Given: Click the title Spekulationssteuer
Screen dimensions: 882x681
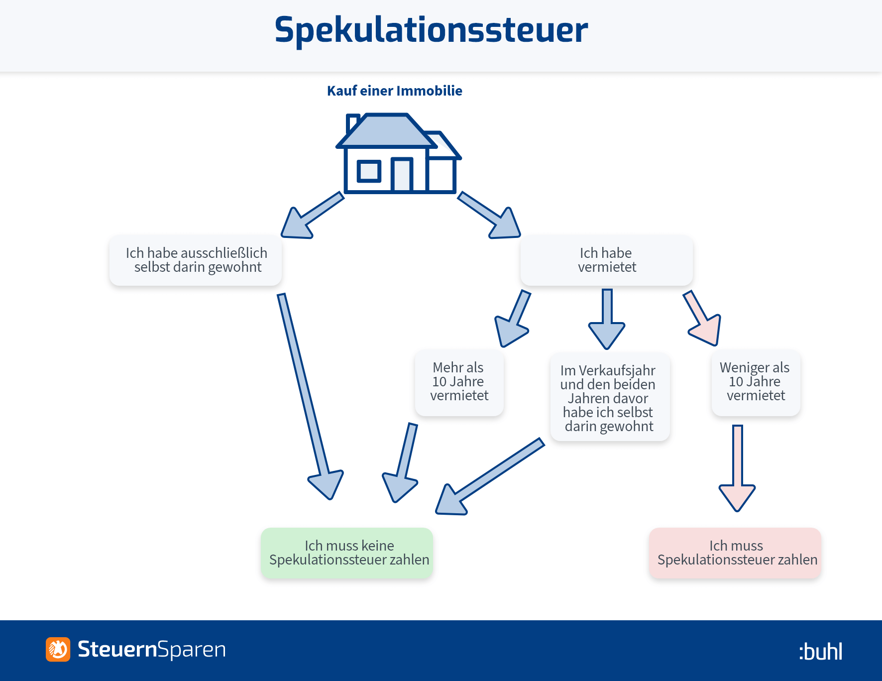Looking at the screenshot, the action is click(431, 30).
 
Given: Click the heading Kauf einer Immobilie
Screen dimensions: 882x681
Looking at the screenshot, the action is click(395, 91).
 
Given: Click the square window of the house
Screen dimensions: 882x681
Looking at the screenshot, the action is click(369, 172).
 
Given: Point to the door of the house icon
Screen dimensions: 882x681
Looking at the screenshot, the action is click(402, 175).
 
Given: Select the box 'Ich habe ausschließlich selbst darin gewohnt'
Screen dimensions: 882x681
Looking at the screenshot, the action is click(196, 260).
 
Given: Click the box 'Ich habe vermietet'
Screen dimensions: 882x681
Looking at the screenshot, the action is click(607, 260).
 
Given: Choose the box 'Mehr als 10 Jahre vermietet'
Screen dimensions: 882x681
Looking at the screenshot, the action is click(459, 382).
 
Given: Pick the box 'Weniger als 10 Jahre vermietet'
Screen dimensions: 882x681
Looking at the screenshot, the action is click(756, 382).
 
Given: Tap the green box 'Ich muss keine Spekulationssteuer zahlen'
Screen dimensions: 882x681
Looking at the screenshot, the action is click(347, 553).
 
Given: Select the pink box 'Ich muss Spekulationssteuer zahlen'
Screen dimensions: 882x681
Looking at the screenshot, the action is click(735, 553).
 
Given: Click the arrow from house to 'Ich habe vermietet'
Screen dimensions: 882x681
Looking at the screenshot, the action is click(489, 215).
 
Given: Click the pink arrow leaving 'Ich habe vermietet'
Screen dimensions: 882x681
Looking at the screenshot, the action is click(702, 318).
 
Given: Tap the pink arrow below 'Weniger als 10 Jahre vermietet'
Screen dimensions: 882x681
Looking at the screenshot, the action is click(737, 468).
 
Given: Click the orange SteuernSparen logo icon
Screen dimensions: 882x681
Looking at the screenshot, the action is click(58, 649).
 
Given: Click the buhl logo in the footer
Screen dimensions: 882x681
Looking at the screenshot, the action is click(821, 651).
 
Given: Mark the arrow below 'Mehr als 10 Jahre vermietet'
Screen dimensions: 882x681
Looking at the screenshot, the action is click(400, 462).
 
